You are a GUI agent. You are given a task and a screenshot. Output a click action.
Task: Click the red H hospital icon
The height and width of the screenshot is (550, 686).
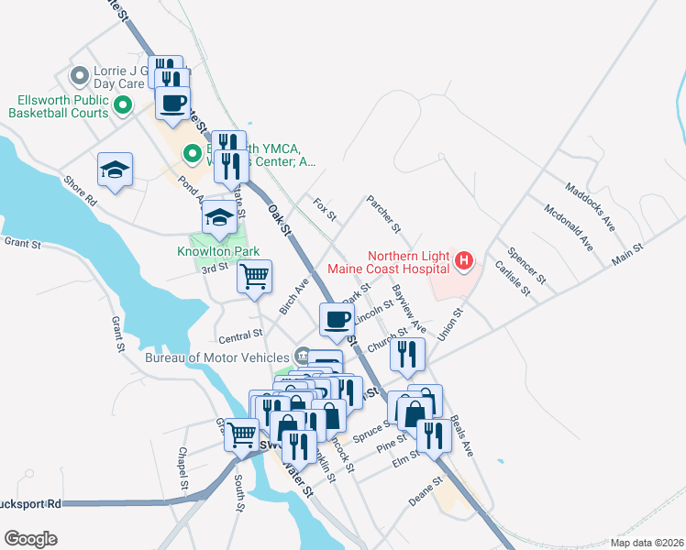pos(464,262)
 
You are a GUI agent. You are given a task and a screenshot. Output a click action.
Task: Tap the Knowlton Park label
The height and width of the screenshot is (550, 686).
pos(218,251)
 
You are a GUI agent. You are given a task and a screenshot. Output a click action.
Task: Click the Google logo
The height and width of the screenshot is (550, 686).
pos(30,538)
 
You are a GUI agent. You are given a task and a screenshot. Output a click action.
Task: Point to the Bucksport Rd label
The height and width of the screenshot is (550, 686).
pos(30,504)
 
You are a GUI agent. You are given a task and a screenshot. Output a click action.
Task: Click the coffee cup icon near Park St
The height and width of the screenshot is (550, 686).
pos(337,319)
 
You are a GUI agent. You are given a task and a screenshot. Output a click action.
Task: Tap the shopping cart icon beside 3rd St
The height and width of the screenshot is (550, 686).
pos(254,275)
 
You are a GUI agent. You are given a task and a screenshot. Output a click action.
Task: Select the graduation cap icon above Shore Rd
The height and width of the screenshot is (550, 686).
pos(116,169)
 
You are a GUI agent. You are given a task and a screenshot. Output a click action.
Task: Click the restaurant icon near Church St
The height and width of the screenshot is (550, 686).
pos(407,354)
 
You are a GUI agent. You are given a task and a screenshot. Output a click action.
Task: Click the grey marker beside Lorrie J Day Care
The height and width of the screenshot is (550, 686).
pos(79,74)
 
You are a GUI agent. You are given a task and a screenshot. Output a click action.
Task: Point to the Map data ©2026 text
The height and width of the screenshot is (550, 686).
pos(646,542)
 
